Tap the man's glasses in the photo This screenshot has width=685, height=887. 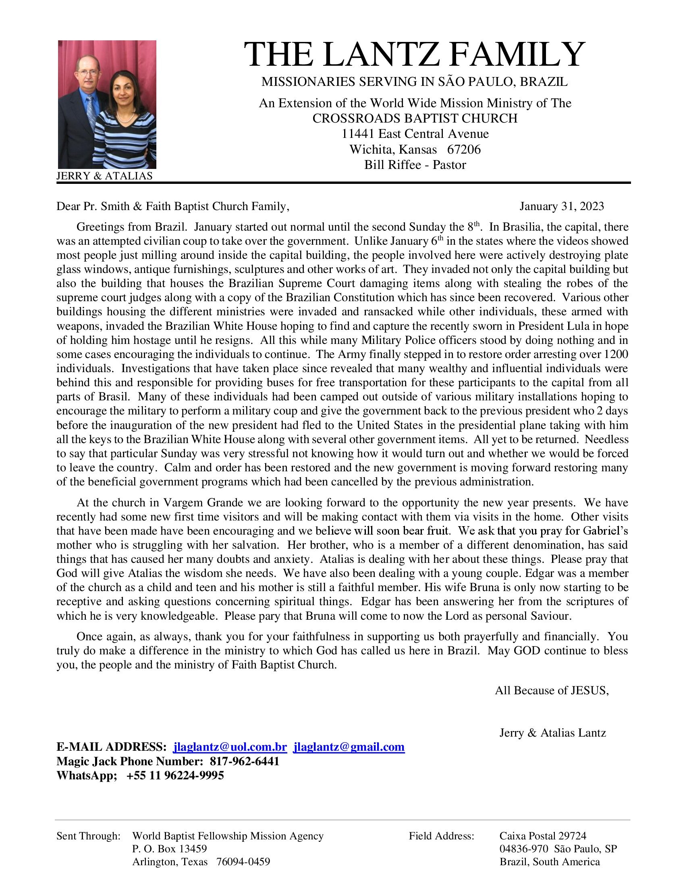(88, 73)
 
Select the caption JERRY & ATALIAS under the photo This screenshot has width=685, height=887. (104, 176)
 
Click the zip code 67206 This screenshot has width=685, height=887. (464, 150)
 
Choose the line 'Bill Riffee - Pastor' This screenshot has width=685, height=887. (415, 165)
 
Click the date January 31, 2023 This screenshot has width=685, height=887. (562, 206)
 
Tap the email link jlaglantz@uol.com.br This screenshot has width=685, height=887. (230, 747)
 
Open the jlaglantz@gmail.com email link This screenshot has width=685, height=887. (349, 747)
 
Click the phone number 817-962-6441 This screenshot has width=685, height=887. (244, 761)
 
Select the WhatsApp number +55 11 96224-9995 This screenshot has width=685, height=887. (175, 775)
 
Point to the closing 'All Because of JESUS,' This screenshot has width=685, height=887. (552, 690)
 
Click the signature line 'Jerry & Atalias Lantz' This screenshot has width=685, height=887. (552, 733)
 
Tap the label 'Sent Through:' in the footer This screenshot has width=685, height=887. (89, 836)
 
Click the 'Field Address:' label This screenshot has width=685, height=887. (442, 836)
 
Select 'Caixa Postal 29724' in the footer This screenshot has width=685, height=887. (543, 836)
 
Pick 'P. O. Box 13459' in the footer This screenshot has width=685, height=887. (170, 849)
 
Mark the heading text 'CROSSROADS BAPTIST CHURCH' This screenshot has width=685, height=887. (415, 118)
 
